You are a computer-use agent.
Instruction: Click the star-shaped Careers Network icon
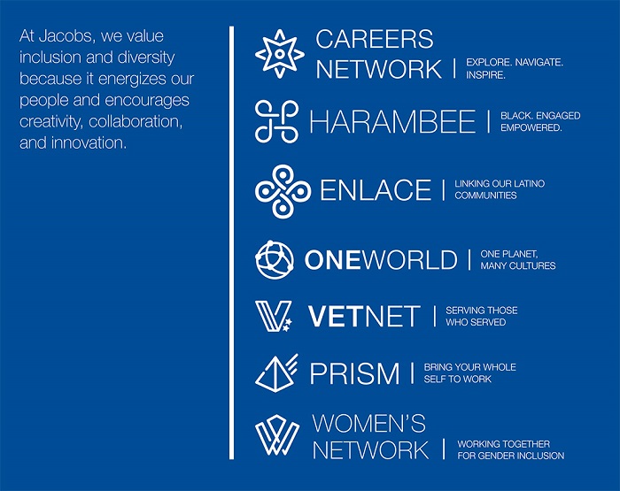[x=280, y=54]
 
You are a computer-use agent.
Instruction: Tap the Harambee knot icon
[x=276, y=121]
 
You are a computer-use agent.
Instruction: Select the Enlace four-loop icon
[x=283, y=191]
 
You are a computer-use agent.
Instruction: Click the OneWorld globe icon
[x=275, y=259]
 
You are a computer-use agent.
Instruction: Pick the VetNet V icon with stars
[x=274, y=316]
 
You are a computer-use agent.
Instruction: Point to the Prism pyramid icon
[x=276, y=372]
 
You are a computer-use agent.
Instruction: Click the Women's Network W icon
[x=276, y=434]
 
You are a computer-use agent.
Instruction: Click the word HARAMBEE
[x=392, y=121]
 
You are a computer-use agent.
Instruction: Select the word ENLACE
[x=376, y=189]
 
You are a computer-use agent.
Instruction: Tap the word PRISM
[x=354, y=373]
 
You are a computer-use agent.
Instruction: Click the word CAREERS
[x=375, y=39]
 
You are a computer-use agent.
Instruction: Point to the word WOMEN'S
[x=369, y=423]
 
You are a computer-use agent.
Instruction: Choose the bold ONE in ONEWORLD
[x=332, y=260]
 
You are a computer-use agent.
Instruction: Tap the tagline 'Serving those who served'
[x=482, y=316]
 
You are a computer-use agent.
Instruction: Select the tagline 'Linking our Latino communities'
[x=500, y=189]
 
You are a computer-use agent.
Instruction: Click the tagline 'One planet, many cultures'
[x=518, y=259]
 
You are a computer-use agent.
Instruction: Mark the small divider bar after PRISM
[x=413, y=373]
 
